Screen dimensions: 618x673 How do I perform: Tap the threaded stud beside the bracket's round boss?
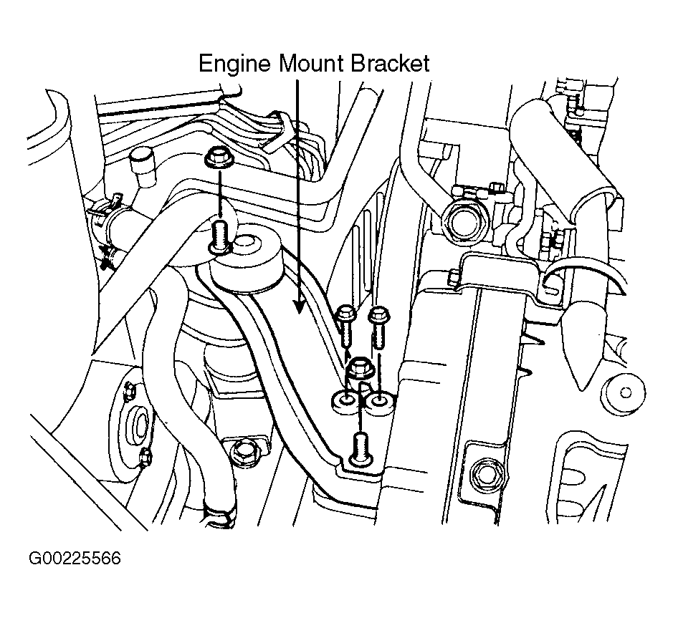click(x=219, y=236)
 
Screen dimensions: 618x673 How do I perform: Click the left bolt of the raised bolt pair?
click(x=345, y=319)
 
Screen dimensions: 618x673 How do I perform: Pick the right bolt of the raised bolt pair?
click(x=378, y=319)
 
